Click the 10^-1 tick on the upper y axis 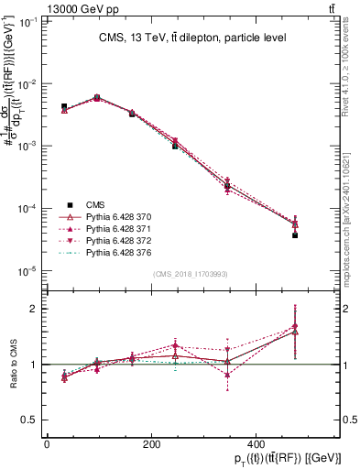[x=27, y=21]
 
